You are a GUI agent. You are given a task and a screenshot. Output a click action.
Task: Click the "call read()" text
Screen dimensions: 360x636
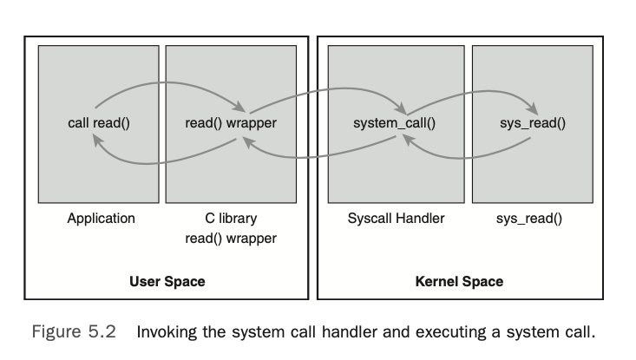pos(98,123)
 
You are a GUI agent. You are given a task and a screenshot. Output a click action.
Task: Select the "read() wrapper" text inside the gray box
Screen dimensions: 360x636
pos(231,123)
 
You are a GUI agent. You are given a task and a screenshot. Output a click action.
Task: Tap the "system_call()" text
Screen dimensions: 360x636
pos(394,123)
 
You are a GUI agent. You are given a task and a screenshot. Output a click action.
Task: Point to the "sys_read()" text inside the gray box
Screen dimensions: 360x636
pos(532,123)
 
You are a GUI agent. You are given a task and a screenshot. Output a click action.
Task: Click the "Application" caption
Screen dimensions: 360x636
pos(101,219)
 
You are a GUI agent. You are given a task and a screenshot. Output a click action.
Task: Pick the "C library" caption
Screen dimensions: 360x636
pos(231,219)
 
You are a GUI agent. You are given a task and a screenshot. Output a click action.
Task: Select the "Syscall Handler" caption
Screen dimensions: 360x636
pos(396,219)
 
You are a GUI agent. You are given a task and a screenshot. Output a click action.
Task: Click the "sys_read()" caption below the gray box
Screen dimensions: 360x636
pos(528,219)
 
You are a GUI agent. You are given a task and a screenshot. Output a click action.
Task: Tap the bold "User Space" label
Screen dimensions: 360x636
pos(167,282)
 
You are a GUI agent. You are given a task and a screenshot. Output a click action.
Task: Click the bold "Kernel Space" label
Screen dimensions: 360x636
pos(459,282)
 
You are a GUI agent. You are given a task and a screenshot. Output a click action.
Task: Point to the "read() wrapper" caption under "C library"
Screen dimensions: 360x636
pos(231,238)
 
